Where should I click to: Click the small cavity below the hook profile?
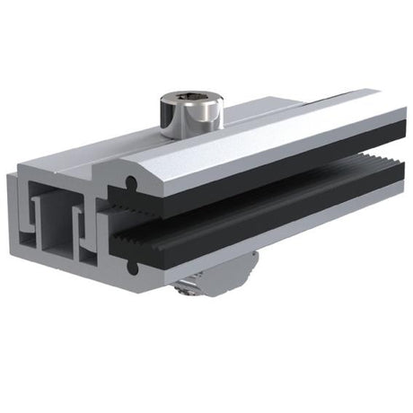click(87, 250)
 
